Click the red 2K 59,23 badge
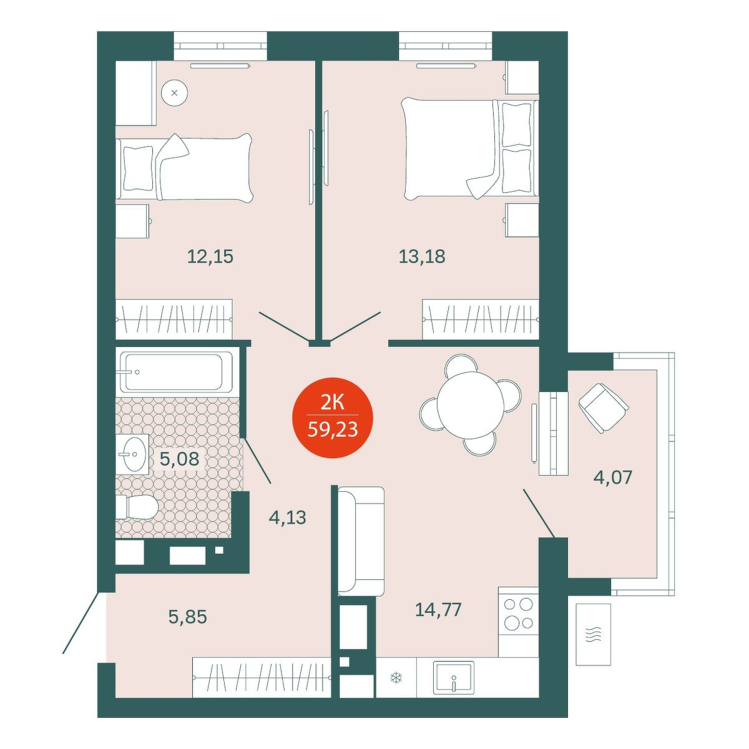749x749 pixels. (332, 418)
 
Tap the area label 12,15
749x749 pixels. (210, 257)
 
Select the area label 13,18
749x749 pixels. (422, 257)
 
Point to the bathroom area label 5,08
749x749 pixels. (179, 459)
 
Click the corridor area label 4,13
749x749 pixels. (288, 517)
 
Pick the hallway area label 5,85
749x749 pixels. (187, 617)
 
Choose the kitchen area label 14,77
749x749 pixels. (438, 609)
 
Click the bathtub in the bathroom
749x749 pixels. (177, 372)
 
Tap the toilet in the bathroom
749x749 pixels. (136, 506)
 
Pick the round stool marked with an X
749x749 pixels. (175, 93)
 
